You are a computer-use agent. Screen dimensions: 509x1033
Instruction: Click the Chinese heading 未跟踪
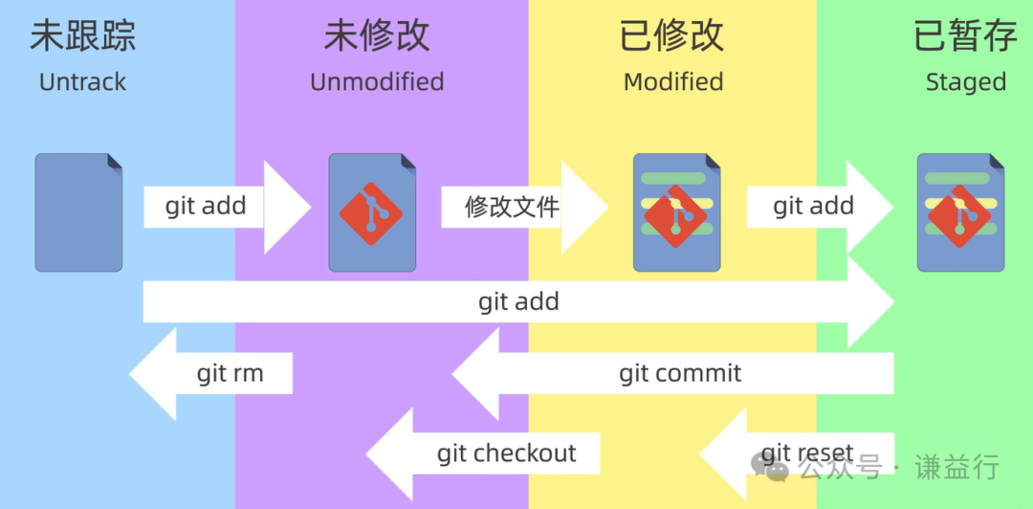[82, 36]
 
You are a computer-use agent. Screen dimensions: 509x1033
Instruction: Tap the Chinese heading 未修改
[377, 36]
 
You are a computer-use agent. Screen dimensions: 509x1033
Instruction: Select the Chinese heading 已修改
[672, 36]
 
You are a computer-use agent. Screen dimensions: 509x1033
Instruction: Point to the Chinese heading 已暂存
[965, 36]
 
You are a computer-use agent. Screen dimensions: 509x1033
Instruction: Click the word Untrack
[82, 82]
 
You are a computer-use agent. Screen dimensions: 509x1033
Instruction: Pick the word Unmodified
[377, 82]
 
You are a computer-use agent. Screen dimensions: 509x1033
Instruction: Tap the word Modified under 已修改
[672, 82]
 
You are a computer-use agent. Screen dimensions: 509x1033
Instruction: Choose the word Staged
[965, 82]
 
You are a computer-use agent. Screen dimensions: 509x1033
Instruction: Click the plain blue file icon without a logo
[78, 211]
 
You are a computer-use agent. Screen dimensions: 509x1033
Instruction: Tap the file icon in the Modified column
[676, 211]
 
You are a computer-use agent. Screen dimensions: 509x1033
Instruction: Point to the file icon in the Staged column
[960, 211]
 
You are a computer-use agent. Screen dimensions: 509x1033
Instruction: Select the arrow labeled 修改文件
[516, 206]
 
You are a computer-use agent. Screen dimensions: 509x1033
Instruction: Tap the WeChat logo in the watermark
[770, 466]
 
